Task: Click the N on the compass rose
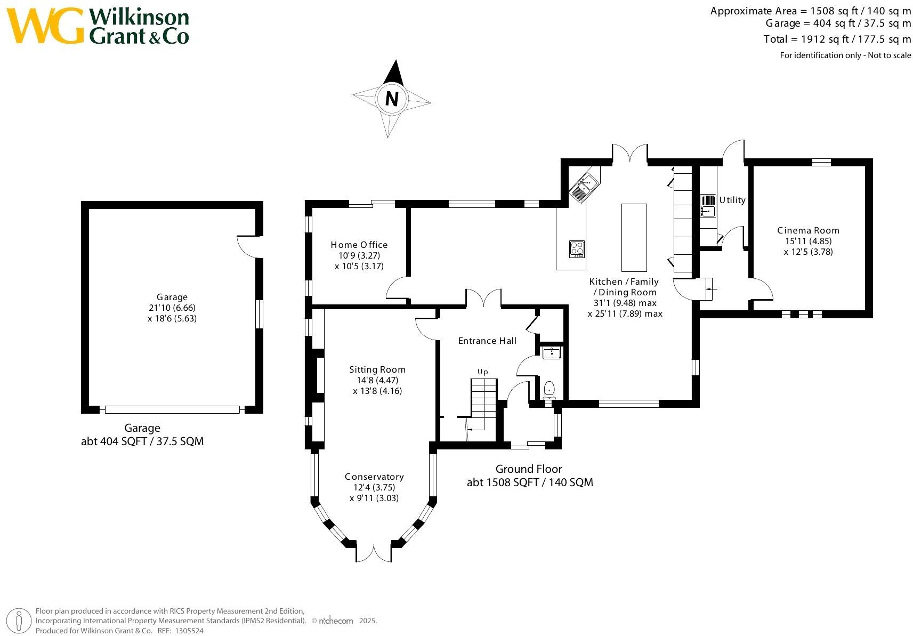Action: pyautogui.click(x=392, y=99)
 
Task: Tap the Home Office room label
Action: pyautogui.click(x=359, y=245)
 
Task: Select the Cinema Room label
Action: pyautogui.click(x=808, y=230)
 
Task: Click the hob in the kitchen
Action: pyautogui.click(x=577, y=249)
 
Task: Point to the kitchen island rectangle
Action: pyautogui.click(x=634, y=237)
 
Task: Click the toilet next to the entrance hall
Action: pyautogui.click(x=549, y=390)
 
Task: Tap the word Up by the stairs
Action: pyautogui.click(x=482, y=372)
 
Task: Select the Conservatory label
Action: pyautogui.click(x=374, y=477)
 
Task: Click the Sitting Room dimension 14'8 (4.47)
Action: pyautogui.click(x=377, y=380)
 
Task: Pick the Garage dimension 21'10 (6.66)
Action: pyautogui.click(x=172, y=308)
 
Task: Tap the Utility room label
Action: pyautogui.click(x=732, y=200)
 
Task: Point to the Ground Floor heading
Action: pyautogui.click(x=529, y=469)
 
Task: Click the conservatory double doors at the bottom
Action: pyautogui.click(x=374, y=553)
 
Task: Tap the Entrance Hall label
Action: pyautogui.click(x=487, y=341)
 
